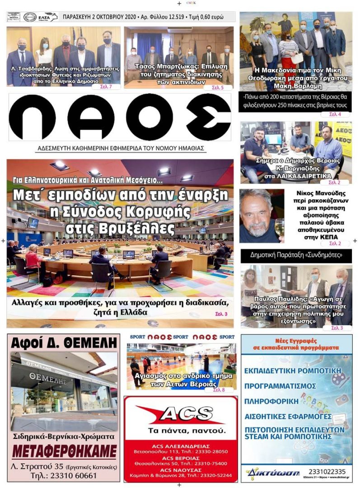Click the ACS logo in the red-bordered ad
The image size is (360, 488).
pyautogui.click(x=181, y=414)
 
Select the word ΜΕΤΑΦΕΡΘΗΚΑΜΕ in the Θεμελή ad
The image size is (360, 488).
pyautogui.click(x=64, y=451)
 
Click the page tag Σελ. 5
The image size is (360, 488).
pyautogui.click(x=218, y=87)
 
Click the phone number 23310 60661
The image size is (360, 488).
pyautogui.click(x=64, y=476)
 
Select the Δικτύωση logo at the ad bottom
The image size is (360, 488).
pyautogui.click(x=273, y=474)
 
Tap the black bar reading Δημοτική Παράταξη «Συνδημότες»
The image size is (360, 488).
pyautogui.click(x=296, y=255)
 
